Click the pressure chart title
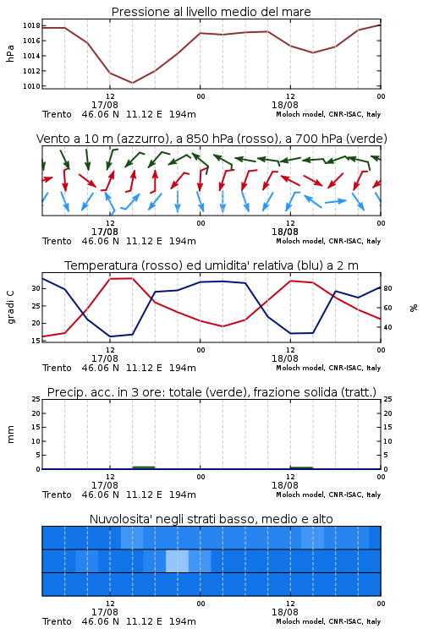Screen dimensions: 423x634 coord(211,12)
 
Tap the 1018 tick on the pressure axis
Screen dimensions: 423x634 coord(31,25)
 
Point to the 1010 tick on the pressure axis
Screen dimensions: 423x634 coord(31,86)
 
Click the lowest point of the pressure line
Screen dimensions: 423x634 coord(132,83)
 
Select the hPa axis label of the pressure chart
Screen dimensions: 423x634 coord(10,53)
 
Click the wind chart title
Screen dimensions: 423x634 coord(211,139)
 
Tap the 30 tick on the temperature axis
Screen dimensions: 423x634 coord(36,288)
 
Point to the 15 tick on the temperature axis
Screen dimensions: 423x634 coord(36,341)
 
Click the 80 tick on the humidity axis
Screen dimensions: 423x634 coord(387,288)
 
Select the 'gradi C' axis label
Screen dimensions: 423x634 coord(11,308)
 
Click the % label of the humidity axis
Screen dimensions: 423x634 coord(414,308)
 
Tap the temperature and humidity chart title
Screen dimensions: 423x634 coord(211,265)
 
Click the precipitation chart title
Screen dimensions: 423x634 coord(211,392)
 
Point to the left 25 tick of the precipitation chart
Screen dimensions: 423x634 coord(36,399)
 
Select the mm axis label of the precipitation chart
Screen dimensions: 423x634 coord(11,435)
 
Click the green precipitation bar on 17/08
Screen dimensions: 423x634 coord(144,467)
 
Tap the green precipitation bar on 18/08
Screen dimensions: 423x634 coord(301,467)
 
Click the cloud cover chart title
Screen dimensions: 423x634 coord(211,519)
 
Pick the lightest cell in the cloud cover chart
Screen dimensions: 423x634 coord(178,560)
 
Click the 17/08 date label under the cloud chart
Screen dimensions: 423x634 coord(104,612)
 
